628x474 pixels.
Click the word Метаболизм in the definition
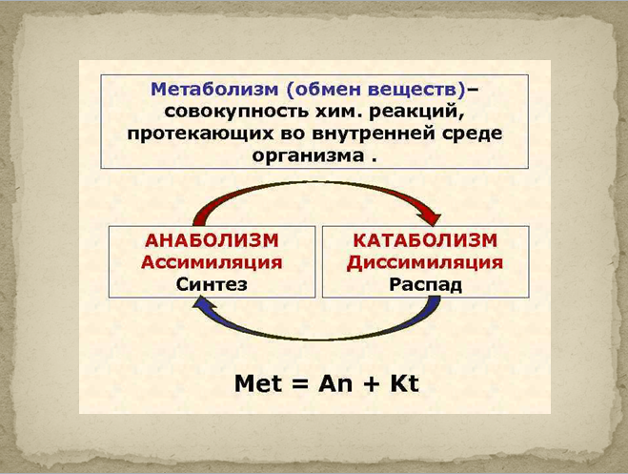click(214, 90)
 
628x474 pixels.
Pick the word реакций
click(416, 112)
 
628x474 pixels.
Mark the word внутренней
click(373, 134)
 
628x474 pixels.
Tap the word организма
click(308, 156)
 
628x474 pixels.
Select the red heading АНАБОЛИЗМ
click(212, 240)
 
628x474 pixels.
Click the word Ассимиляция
click(212, 262)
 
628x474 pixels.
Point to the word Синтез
click(212, 284)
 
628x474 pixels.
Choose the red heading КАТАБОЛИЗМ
click(425, 240)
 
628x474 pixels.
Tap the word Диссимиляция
click(425, 263)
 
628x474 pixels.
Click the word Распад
click(426, 285)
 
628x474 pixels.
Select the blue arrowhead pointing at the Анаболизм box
click(204, 306)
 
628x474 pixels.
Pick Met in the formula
click(258, 383)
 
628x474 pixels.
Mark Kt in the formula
click(404, 383)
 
